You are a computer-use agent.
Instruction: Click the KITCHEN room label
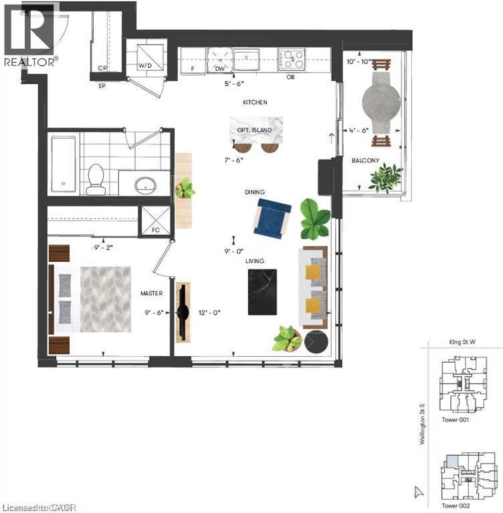click(256, 103)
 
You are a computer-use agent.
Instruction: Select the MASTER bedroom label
click(152, 293)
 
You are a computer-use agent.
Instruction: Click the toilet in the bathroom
click(96, 178)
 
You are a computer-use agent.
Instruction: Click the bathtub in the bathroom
click(64, 164)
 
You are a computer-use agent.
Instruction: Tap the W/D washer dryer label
click(144, 66)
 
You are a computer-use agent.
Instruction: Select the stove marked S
click(292, 59)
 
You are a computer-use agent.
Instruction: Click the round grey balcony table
click(383, 103)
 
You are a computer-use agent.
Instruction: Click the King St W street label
click(462, 341)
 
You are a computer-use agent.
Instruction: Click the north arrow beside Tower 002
click(419, 492)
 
